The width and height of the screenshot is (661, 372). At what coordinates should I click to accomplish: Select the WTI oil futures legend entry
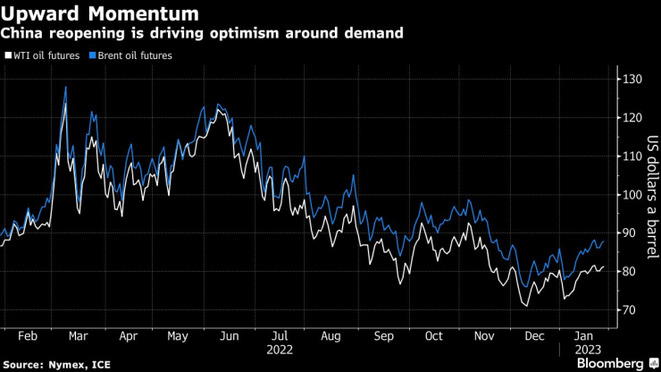click(46, 55)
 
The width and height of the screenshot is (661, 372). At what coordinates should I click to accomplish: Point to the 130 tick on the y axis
click(632, 80)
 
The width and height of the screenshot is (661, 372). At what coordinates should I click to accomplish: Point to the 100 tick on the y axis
click(632, 195)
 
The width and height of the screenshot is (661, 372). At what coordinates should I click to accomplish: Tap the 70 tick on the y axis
click(630, 309)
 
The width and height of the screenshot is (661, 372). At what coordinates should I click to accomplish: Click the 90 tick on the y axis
click(630, 233)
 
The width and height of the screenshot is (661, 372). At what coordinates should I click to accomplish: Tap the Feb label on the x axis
click(29, 336)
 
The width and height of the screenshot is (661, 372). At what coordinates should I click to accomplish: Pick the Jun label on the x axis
click(229, 336)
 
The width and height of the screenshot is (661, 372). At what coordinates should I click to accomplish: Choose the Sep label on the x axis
click(384, 336)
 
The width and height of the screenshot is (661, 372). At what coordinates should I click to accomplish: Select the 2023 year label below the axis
click(586, 351)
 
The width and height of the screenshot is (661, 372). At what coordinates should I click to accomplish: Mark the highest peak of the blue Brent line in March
click(65, 87)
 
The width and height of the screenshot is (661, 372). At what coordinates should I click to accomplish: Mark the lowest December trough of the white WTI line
click(527, 307)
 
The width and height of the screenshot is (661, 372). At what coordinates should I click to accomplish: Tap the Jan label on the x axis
click(586, 336)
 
